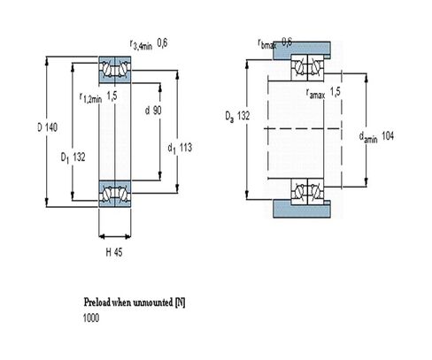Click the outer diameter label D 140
coord(48,127)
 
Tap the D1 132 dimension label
coord(73,157)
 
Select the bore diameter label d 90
coord(153,111)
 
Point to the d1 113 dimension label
coord(180,148)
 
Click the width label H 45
coord(114,252)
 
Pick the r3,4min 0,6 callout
coord(149,44)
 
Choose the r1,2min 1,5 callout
coord(98,97)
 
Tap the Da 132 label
coord(237,116)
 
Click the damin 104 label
coord(376,137)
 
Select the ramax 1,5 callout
coord(323,93)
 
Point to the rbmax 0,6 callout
coord(275,43)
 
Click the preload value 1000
coord(91,318)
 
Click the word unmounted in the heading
coord(153,303)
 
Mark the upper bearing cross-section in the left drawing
coord(115,70)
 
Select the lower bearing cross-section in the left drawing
coord(115,194)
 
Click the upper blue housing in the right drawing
coord(301,50)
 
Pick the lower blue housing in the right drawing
coord(301,209)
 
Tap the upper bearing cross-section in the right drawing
coord(307,67)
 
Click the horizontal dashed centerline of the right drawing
coord(302,128)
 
